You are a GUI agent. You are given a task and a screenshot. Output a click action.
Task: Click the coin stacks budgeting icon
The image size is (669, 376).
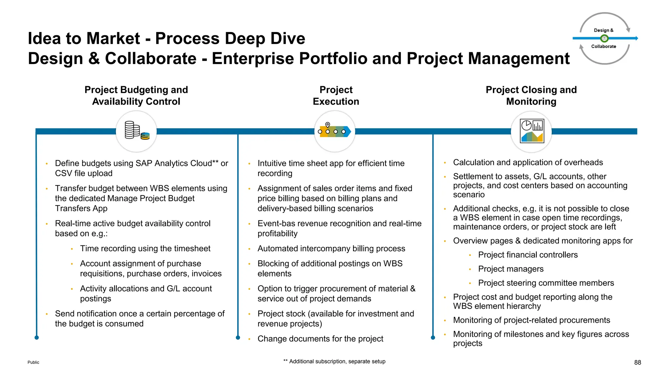point(137,131)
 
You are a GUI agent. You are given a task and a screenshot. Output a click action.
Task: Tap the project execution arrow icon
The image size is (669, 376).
point(334,131)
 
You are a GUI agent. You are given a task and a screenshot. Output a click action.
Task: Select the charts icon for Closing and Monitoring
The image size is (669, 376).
point(531,132)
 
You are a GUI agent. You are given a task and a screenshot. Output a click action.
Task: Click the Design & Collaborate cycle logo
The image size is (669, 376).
point(605,39)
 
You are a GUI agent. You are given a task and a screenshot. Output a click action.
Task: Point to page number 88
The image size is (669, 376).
point(637,362)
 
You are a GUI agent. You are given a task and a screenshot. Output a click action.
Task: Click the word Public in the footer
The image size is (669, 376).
point(33,362)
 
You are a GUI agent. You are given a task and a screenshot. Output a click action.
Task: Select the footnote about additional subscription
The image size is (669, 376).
point(334,361)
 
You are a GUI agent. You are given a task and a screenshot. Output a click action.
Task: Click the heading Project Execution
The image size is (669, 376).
point(336,96)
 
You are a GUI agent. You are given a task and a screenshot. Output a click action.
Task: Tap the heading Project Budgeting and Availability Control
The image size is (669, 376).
point(136,96)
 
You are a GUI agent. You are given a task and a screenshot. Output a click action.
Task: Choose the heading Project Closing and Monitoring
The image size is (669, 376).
point(531,96)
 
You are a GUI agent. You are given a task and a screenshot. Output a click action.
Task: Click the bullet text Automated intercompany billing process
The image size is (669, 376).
point(331,248)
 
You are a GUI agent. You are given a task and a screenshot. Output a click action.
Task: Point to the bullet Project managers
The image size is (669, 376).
point(511,269)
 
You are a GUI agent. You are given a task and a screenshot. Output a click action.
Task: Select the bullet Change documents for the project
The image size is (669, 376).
point(320,339)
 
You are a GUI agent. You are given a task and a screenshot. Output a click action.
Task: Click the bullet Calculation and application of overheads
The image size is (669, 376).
point(528,163)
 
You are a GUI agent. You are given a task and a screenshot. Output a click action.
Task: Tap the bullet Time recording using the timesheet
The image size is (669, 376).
point(145,248)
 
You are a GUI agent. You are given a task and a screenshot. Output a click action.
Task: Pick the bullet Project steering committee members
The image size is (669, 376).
point(546,283)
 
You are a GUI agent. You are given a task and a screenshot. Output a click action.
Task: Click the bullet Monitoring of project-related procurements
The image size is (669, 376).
point(531,320)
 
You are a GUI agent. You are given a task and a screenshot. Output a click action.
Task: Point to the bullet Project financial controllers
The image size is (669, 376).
point(528,255)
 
